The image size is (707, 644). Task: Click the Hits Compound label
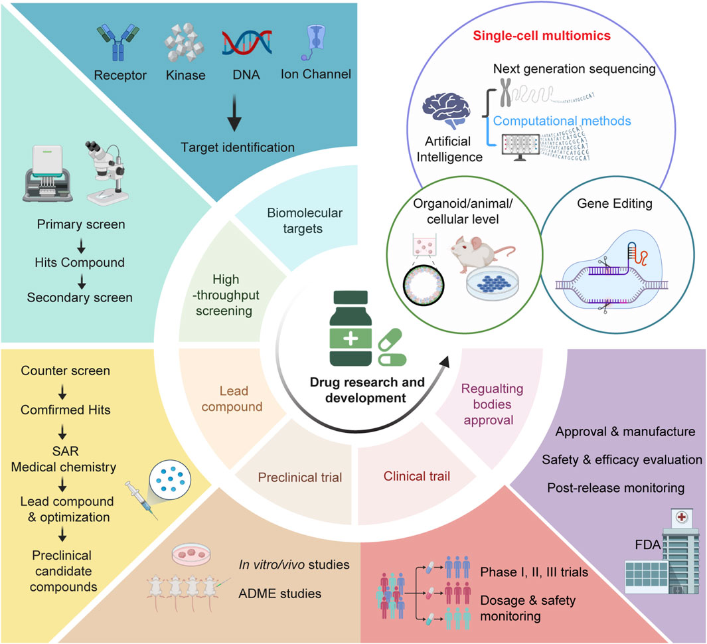point(79,262)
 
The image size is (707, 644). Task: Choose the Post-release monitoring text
point(615,487)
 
